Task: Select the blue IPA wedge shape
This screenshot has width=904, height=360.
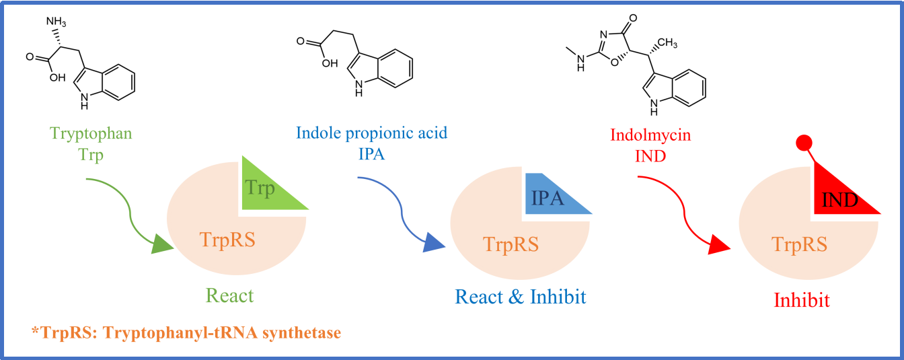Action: tap(551, 196)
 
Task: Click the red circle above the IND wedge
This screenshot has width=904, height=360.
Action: tap(804, 143)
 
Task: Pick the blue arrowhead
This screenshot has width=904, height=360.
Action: tap(434, 244)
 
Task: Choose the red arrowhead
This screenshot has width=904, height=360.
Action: tap(719, 246)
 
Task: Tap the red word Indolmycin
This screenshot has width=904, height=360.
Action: tap(650, 135)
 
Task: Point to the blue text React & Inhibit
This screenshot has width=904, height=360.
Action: tap(520, 296)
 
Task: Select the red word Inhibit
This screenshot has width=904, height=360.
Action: tap(802, 299)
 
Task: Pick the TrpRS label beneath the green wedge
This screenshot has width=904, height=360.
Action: tap(227, 239)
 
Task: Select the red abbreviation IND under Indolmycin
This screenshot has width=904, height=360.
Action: tap(650, 155)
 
